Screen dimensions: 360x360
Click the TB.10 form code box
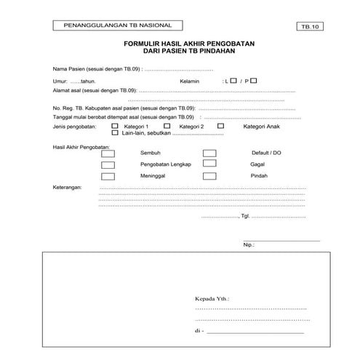[x=309, y=27]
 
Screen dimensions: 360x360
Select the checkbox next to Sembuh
[x=108, y=153]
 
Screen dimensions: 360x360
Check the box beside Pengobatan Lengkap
[x=108, y=165]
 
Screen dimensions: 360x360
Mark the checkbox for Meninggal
[x=108, y=176]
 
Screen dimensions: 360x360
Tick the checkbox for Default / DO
[x=209, y=153]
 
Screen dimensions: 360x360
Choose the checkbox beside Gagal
[x=209, y=165]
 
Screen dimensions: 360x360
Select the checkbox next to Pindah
[x=209, y=176]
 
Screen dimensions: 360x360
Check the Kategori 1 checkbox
[x=115, y=125]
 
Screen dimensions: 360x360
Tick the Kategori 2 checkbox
[x=167, y=125]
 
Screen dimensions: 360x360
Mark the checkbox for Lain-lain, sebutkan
[x=115, y=133]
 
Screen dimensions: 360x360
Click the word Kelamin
[x=190, y=82]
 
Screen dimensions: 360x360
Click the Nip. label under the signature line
[x=249, y=245]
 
